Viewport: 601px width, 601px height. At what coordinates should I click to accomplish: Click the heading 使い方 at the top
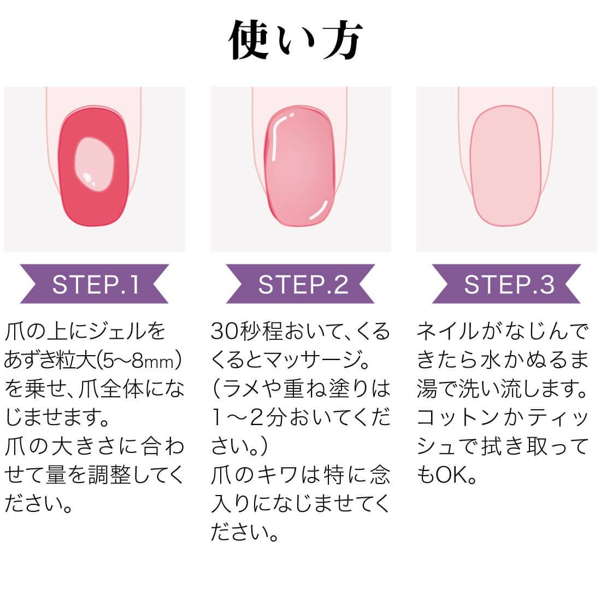295,40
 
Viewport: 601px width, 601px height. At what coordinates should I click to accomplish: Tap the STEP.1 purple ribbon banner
95,284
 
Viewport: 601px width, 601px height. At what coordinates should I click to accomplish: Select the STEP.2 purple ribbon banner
300,284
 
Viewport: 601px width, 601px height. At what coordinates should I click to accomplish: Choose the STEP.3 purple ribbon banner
506,284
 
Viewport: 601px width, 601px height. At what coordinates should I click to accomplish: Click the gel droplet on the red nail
95,164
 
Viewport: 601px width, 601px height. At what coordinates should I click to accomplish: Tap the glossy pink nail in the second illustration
300,167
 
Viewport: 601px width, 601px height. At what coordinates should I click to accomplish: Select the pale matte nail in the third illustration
505,166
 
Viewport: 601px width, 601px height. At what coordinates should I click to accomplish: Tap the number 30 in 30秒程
226,331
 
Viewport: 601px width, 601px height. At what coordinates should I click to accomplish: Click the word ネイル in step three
447,331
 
